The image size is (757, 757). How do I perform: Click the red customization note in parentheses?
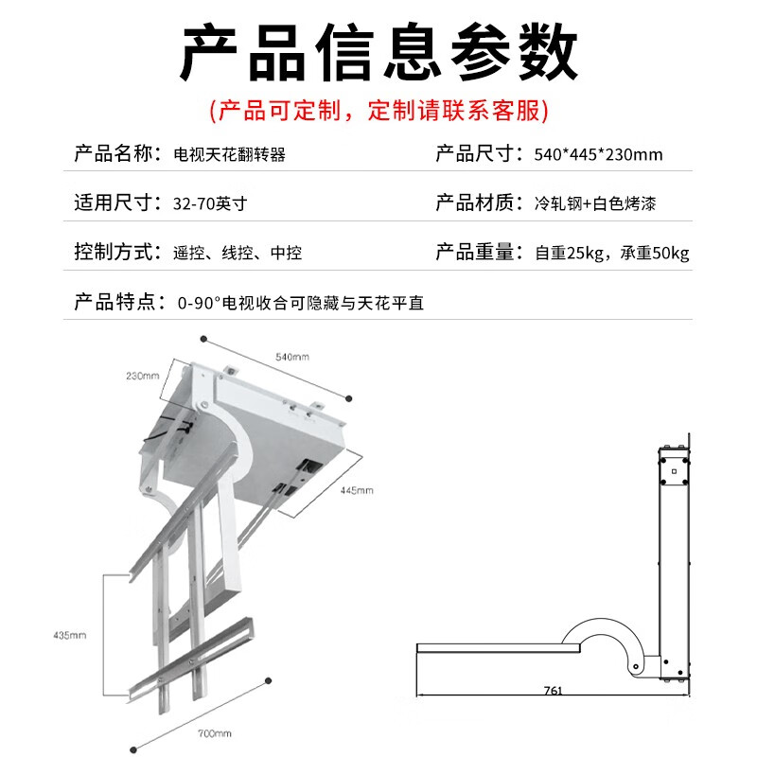[x=378, y=112]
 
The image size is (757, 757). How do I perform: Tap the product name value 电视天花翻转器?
[x=230, y=155]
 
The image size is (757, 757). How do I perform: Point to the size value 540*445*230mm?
[x=598, y=155]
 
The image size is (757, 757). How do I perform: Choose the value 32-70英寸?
[x=210, y=204]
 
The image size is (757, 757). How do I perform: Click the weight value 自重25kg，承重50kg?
[x=612, y=254]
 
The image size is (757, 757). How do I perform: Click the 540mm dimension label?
[x=292, y=357]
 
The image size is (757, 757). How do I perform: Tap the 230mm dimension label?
[x=142, y=376]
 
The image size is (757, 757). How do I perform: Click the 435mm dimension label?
[x=71, y=634]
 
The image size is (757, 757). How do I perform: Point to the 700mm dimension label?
[x=215, y=733]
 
